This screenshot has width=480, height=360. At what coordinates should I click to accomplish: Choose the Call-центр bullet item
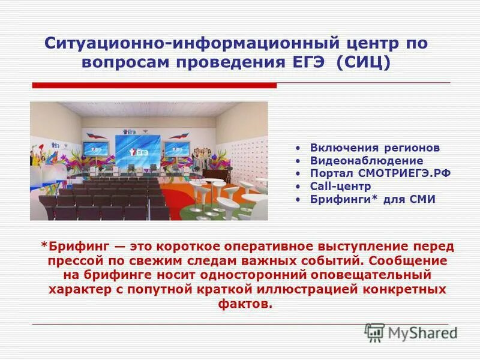(x=340, y=187)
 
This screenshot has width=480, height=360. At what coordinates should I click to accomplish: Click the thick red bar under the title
(x=154, y=85)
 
